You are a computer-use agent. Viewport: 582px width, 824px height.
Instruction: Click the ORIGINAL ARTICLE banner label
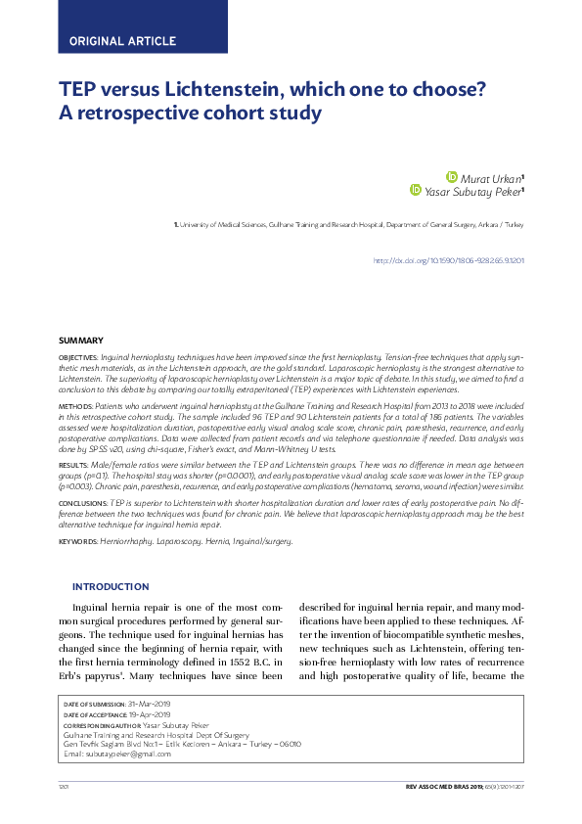[x=122, y=41]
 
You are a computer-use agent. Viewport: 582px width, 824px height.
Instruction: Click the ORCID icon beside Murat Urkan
[x=451, y=177]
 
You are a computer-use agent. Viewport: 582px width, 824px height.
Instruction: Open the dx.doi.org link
[x=449, y=261]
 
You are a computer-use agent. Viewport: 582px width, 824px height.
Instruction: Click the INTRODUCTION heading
[x=111, y=586]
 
